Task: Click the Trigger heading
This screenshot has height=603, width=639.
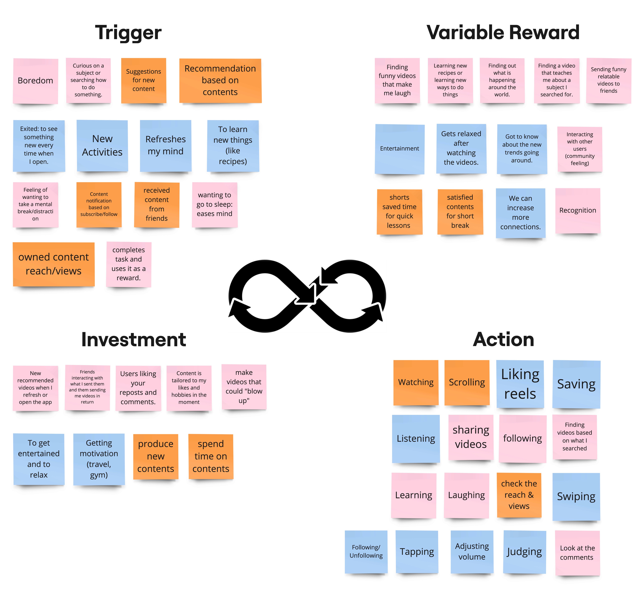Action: coord(128,33)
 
